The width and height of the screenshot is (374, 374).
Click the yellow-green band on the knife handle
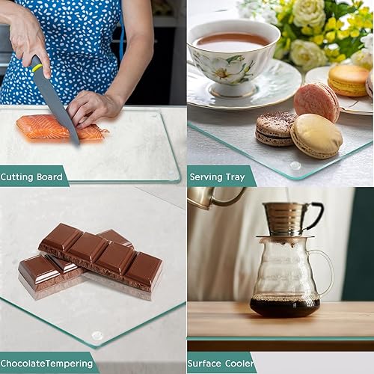point(37,68)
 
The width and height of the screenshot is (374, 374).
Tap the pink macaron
point(316,101)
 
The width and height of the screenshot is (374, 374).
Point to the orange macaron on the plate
point(349,80)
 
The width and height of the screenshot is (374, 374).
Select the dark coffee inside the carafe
point(284,307)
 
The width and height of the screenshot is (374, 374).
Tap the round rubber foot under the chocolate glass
point(97,336)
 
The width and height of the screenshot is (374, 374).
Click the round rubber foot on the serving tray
point(295,165)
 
